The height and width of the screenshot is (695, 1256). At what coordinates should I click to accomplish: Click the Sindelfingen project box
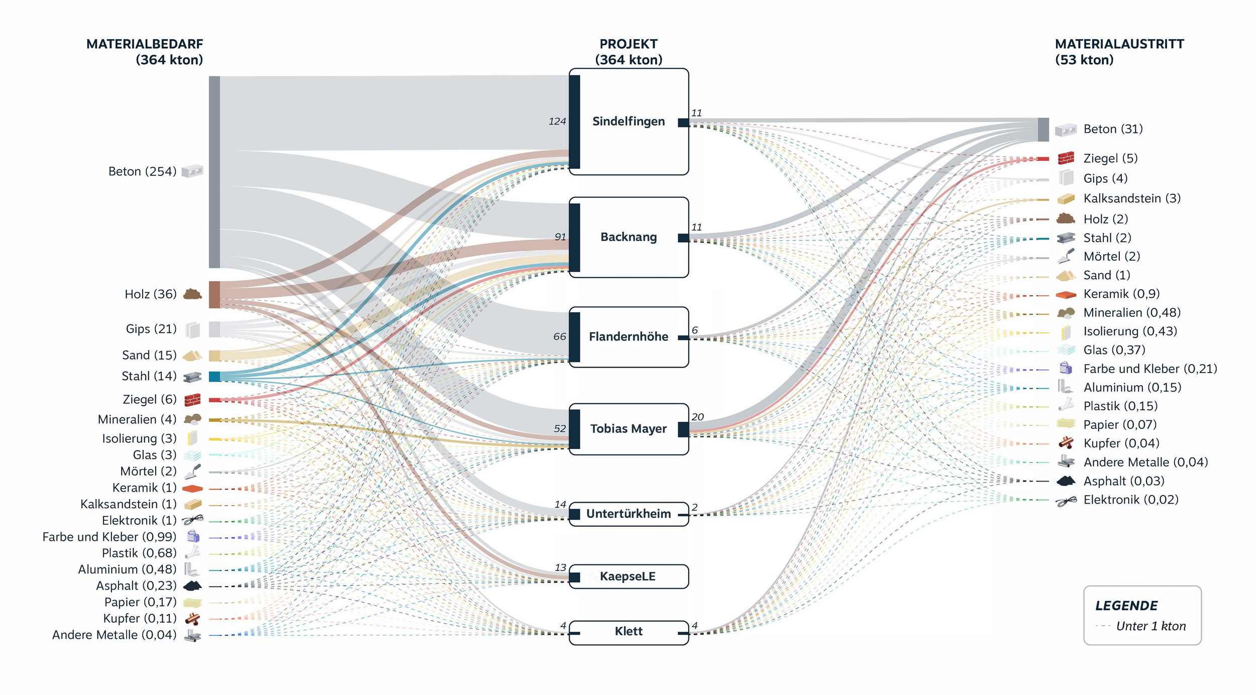click(629, 122)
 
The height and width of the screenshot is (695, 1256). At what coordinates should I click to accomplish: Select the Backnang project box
click(629, 237)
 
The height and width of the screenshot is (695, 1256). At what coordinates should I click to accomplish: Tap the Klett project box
click(629, 632)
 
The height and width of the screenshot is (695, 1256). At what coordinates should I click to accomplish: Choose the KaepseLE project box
click(629, 576)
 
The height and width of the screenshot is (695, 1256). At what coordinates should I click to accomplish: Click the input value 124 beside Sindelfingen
click(557, 122)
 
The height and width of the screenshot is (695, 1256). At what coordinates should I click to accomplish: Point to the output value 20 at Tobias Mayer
click(697, 417)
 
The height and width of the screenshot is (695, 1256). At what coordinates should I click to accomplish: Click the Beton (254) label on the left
click(142, 172)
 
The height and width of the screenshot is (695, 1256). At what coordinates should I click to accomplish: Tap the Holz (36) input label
click(150, 294)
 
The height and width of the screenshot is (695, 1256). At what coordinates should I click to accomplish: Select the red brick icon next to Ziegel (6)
click(192, 400)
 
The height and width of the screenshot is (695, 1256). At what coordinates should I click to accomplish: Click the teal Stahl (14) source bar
click(215, 377)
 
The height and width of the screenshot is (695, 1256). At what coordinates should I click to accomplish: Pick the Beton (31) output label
click(1113, 129)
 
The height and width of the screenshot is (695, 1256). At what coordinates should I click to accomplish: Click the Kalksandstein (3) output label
click(1131, 198)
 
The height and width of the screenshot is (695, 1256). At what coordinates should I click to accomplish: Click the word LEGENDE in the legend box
click(1126, 606)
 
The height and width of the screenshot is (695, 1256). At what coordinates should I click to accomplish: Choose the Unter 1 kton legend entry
click(1150, 626)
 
